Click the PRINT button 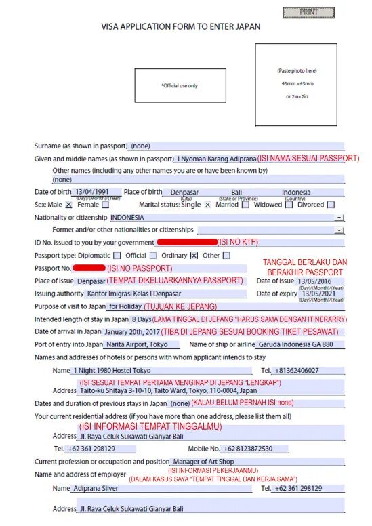(x=308, y=12)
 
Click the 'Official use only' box (x=180, y=85)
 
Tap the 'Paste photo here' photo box (x=296, y=84)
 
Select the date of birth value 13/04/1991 (x=91, y=192)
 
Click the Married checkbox (x=245, y=205)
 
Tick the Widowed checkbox (x=289, y=205)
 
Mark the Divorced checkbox (x=331, y=205)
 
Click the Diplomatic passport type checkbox (x=117, y=256)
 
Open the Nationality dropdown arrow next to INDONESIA (x=339, y=218)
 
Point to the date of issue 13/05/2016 (x=314, y=281)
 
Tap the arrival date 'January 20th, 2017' (x=132, y=332)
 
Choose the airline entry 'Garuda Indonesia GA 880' (x=296, y=345)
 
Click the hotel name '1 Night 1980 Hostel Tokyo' (x=112, y=371)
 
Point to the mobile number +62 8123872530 (x=248, y=449)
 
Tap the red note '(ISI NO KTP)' (x=238, y=242)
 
